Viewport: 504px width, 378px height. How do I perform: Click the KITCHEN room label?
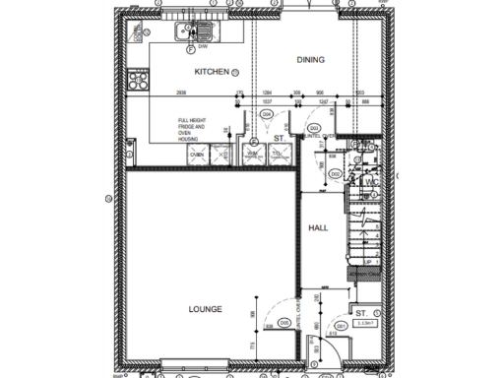coord(212,72)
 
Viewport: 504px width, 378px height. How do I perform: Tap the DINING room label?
coord(311,60)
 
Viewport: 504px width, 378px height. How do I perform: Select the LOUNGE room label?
coord(206,309)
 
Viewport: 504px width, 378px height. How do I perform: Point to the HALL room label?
coord(318,227)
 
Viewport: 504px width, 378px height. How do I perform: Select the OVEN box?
coord(197,155)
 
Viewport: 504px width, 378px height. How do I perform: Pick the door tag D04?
coord(266,115)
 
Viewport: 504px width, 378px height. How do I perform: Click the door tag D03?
coord(313,129)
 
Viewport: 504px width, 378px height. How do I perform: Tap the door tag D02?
coord(335,174)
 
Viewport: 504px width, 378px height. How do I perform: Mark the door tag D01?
coord(341,324)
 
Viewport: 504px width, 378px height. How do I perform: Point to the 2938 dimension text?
coord(182,92)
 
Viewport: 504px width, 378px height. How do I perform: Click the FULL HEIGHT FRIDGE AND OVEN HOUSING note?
coord(192,130)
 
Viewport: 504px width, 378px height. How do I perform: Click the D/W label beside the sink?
coord(202,46)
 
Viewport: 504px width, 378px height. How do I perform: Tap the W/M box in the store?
coord(252,155)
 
